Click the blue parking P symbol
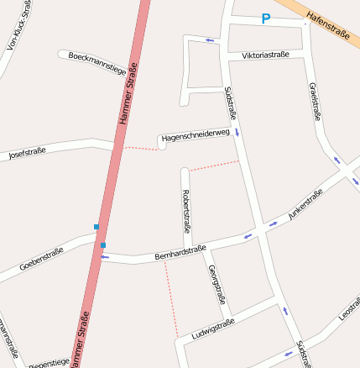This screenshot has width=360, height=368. [x=266, y=18]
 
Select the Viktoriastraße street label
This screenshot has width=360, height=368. [x=265, y=55]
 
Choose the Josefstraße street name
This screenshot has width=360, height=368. [x=27, y=153]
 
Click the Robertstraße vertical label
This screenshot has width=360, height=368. [x=186, y=211]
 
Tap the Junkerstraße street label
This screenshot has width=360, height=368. [x=305, y=204]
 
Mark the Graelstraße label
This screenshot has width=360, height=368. [x=316, y=101]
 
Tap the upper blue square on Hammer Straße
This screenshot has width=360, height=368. [x=97, y=227]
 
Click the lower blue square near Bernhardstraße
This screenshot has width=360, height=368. [x=103, y=245]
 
